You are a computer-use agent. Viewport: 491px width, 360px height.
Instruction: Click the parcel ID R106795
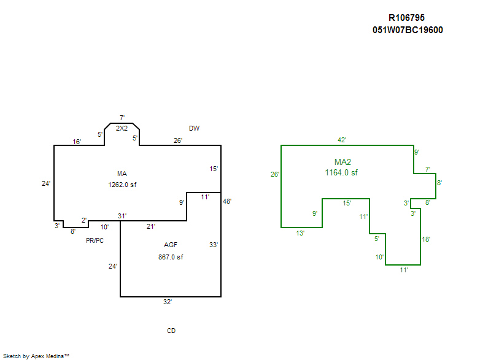pos(407,18)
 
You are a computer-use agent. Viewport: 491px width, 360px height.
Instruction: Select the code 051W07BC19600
pos(408,29)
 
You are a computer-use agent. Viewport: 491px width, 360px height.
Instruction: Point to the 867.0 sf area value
pos(171,257)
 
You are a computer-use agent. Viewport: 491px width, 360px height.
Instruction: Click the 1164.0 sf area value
pos(341,173)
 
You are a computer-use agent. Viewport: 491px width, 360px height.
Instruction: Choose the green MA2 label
pos(342,162)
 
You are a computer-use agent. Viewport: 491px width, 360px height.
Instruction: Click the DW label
pos(194,128)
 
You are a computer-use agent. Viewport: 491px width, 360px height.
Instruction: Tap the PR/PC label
pos(95,241)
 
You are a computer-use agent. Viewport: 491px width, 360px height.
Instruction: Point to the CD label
pos(171,331)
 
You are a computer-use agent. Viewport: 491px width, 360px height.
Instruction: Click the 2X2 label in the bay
pos(122,128)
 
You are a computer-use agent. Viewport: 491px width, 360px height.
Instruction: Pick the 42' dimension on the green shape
pos(342,140)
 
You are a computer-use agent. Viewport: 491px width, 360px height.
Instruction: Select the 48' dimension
pos(228,201)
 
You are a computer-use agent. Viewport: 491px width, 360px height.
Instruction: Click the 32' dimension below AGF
pos(168,302)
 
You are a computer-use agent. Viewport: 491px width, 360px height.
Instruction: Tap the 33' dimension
pos(214,245)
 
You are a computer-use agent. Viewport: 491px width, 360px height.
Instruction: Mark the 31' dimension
pos(122,215)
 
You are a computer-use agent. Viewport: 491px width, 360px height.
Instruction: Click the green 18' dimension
pos(427,239)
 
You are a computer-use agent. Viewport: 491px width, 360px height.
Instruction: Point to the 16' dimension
pos(77,142)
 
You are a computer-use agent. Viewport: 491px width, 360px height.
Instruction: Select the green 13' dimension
pos(300,233)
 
